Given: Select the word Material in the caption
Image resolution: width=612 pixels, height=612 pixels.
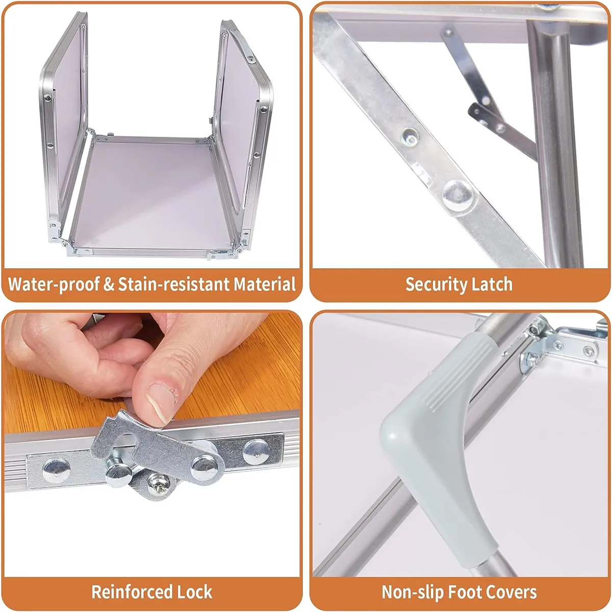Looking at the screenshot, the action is click(265, 284).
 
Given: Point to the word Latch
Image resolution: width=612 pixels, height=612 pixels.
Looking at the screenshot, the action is click(492, 284).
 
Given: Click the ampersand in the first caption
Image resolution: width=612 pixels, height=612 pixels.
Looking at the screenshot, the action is click(109, 284).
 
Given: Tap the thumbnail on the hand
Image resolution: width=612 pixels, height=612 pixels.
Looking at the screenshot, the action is click(161, 403).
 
